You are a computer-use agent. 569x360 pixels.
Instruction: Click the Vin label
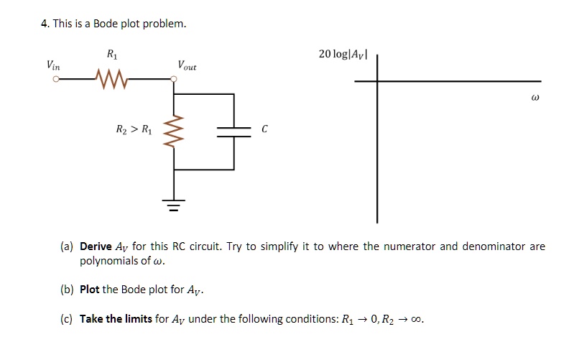coord(53,65)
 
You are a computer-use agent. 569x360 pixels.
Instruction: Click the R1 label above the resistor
coord(111,54)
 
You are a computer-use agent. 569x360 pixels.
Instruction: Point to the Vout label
coord(187,65)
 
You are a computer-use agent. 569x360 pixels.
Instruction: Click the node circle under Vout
coord(174,80)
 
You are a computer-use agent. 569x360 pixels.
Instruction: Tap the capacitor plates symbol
coord(233,130)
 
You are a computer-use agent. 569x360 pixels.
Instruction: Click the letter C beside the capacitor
coord(264,130)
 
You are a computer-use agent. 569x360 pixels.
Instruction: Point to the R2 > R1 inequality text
coord(134,130)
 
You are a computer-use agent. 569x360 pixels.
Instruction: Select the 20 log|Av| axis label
coord(343,55)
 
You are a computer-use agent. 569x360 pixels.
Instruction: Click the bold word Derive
coord(96,246)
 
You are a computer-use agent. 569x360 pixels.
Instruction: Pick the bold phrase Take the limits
coord(116,319)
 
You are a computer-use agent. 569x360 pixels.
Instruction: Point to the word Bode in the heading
coord(106,24)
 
